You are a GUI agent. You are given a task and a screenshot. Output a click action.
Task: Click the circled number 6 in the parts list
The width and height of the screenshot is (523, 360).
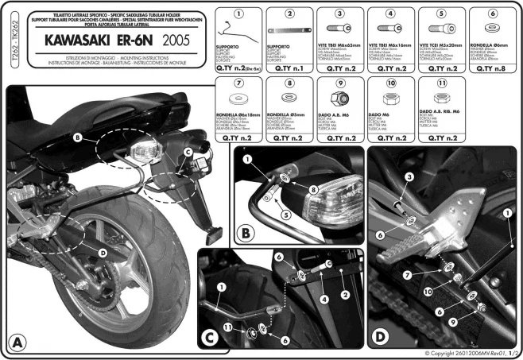(x=492, y=13)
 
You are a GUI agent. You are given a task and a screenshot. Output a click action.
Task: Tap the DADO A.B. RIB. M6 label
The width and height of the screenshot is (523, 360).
(x=440, y=113)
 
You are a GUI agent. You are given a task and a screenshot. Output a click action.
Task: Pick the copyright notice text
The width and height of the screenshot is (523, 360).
(x=469, y=352)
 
